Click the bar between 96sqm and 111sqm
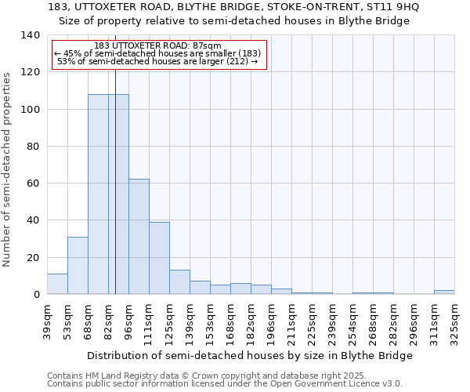click(x=139, y=237)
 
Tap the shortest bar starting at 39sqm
click(x=57, y=284)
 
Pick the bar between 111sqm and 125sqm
click(x=159, y=258)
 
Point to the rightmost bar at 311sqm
click(x=444, y=292)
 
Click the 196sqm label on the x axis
click(x=272, y=321)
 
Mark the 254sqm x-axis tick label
click(x=353, y=321)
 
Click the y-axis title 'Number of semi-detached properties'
click(x=7, y=169)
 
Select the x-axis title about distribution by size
click(x=249, y=355)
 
